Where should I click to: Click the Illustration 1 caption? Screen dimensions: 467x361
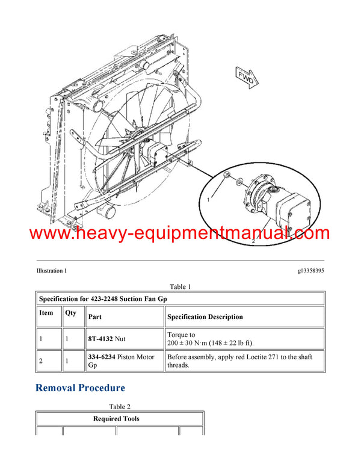[x=52, y=271]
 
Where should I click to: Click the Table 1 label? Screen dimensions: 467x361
[x=180, y=286]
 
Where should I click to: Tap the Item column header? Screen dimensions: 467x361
[x=46, y=313]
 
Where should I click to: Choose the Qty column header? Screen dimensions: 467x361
[x=70, y=313]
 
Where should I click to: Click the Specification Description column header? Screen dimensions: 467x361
[x=205, y=317]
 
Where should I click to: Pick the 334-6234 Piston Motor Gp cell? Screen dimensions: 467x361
[x=121, y=361]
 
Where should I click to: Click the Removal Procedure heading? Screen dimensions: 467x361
[x=80, y=388]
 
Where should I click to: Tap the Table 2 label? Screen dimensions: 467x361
[x=120, y=407]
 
